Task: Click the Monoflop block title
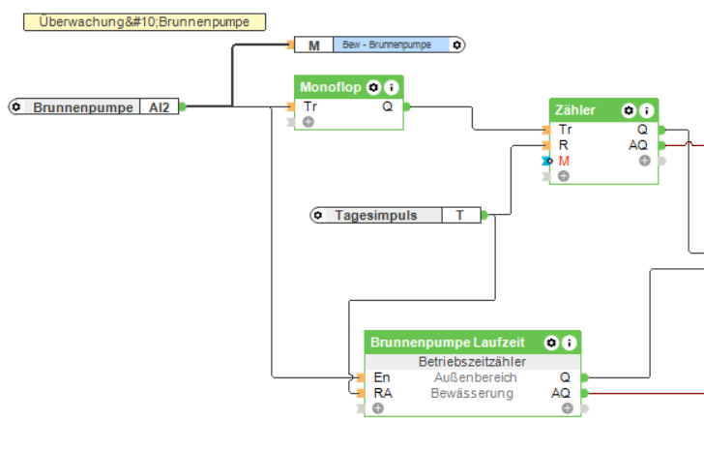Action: [331, 87]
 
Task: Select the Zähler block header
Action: [575, 110]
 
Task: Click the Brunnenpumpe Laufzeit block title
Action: [447, 343]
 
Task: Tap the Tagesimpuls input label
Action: [376, 215]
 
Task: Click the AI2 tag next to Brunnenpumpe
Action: [159, 107]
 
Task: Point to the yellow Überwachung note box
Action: [144, 21]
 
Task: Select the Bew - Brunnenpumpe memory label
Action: [387, 45]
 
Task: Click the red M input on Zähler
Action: [564, 160]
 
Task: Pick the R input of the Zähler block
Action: [563, 144]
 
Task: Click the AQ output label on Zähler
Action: [638, 144]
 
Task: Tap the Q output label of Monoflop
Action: [387, 106]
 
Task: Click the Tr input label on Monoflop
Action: [309, 106]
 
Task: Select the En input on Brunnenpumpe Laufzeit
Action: [381, 377]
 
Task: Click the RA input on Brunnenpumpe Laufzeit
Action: [383, 393]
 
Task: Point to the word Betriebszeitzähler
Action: [472, 362]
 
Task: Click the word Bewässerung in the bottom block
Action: [472, 393]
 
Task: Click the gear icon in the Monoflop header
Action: [373, 87]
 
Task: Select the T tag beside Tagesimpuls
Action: [460, 215]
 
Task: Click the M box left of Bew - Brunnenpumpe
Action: [313, 45]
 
